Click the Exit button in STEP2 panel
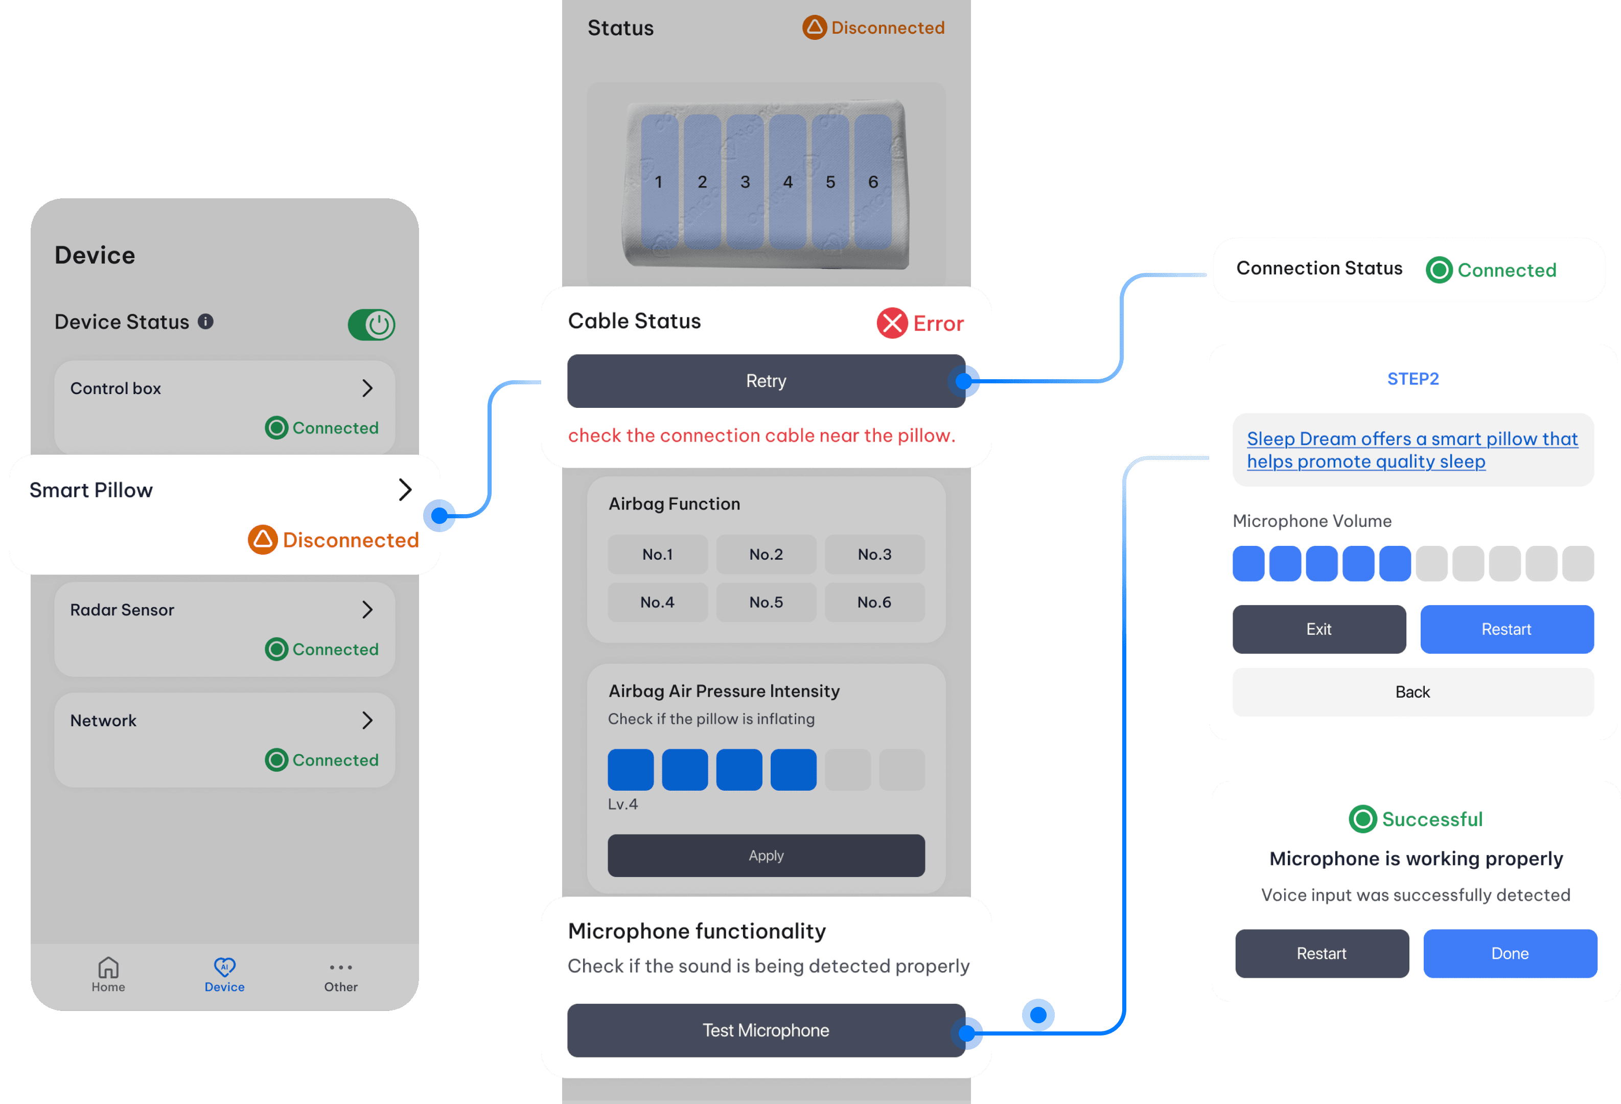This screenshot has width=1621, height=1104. tap(1318, 629)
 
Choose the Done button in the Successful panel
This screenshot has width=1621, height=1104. tap(1510, 953)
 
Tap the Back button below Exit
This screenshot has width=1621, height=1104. tap(1412, 692)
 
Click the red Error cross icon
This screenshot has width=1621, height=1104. tap(891, 323)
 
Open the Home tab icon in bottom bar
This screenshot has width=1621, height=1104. tap(108, 968)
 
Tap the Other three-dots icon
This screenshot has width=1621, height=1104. tap(340, 968)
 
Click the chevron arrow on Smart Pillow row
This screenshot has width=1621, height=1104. tap(405, 490)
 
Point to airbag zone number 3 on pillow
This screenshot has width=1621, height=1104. tap(745, 182)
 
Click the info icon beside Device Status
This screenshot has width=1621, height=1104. tap(205, 321)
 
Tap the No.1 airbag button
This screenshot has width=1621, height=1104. tap(657, 555)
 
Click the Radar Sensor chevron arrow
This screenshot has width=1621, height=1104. tap(367, 610)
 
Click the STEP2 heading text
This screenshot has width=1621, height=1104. tap(1412, 379)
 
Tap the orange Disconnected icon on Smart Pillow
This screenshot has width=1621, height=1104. tap(262, 539)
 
